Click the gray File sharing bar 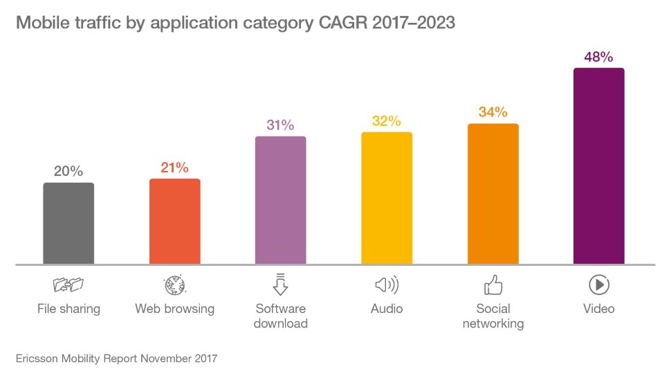pyautogui.click(x=68, y=223)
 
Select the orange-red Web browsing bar pyautogui.click(x=174, y=221)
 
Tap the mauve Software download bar pyautogui.click(x=280, y=200)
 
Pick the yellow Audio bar pyautogui.click(x=387, y=198)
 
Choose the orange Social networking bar pyautogui.click(x=493, y=194)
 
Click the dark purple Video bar pyautogui.click(x=599, y=166)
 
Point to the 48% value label pyautogui.click(x=599, y=57)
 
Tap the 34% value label pyautogui.click(x=493, y=112)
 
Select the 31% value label pyautogui.click(x=280, y=125)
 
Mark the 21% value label pyautogui.click(x=174, y=168)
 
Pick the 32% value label pyautogui.click(x=387, y=121)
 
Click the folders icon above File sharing pyautogui.click(x=68, y=285)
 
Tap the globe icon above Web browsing pyautogui.click(x=174, y=285)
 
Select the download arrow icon pyautogui.click(x=280, y=284)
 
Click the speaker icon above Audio pyautogui.click(x=387, y=285)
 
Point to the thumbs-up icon pyautogui.click(x=493, y=285)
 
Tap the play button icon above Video pyautogui.click(x=599, y=285)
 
